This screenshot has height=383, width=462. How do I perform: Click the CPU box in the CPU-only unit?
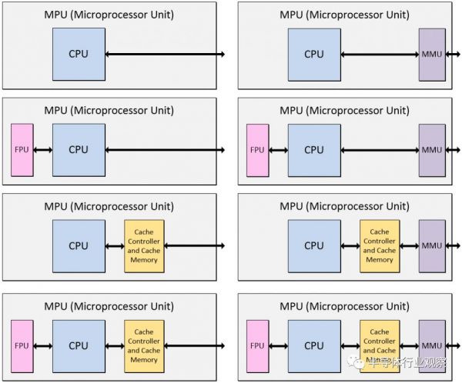click(79, 55)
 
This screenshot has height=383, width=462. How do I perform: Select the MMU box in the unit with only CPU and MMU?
click(432, 55)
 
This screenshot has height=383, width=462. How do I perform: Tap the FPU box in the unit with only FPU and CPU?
click(22, 150)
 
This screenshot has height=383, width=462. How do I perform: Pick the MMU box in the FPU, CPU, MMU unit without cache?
click(432, 150)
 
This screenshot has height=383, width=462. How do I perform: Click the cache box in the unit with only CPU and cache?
click(144, 246)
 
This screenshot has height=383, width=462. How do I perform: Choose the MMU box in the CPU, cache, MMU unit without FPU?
click(432, 246)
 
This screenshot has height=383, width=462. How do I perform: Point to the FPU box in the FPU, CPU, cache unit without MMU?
click(22, 341)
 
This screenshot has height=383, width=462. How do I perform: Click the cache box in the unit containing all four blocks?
click(380, 341)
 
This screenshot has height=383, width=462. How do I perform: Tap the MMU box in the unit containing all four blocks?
click(432, 341)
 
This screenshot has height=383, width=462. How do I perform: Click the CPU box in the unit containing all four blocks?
click(314, 341)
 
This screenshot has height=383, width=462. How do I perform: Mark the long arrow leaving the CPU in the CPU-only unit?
click(165, 55)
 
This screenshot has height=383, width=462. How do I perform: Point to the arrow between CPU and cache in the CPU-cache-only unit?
click(115, 246)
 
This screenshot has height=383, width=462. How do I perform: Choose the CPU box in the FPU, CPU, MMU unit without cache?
click(314, 150)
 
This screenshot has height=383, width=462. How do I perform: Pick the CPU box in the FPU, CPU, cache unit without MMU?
click(79, 341)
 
